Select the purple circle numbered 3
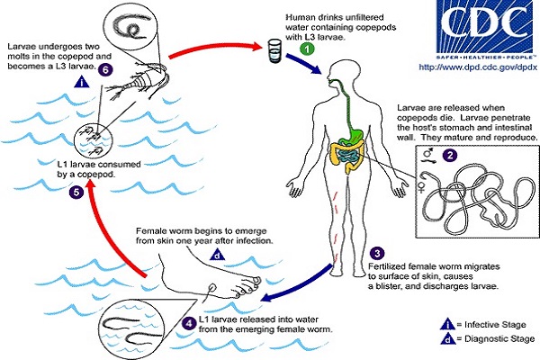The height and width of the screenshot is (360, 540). tap(378, 254)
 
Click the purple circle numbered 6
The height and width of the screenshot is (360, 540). tap(105, 69)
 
